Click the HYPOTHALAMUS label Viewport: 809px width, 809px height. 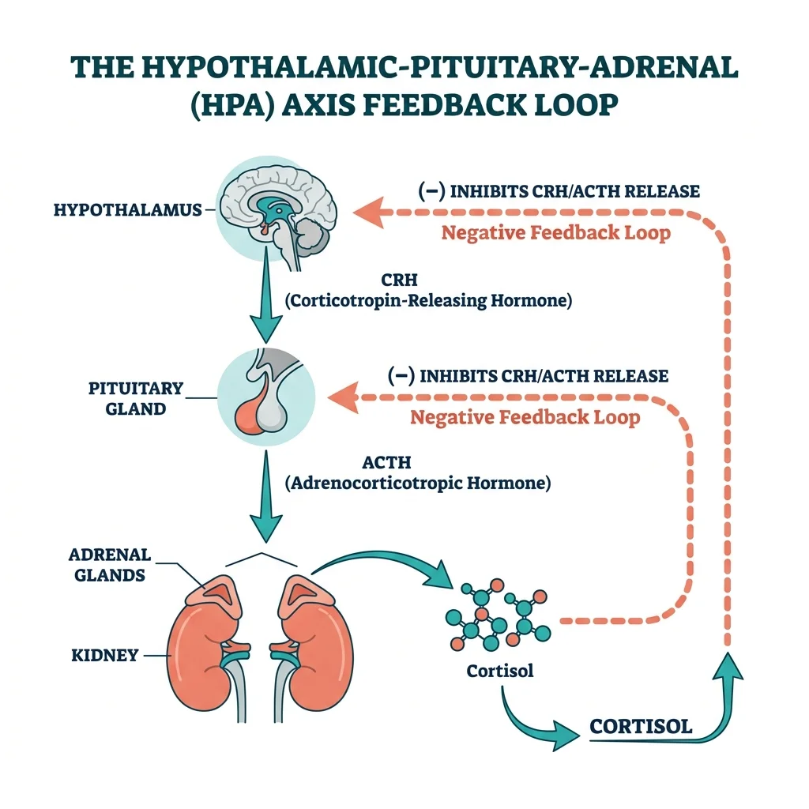point(127,210)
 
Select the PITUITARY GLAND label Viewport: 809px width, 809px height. point(136,399)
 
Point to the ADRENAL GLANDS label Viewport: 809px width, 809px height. point(110,565)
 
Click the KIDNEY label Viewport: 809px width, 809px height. point(105,655)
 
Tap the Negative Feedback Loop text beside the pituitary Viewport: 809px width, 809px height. point(525,417)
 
